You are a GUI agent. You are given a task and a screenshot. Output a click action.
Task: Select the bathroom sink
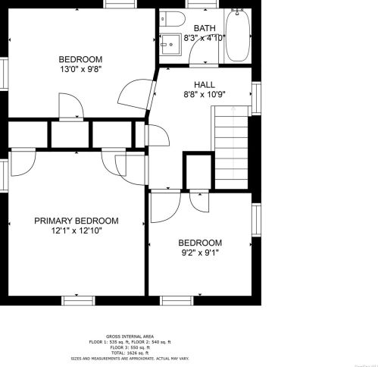coord(171,44)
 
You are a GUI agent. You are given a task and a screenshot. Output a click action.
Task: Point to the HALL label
coord(205,84)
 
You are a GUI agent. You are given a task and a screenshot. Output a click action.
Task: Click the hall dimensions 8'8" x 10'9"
coord(205,94)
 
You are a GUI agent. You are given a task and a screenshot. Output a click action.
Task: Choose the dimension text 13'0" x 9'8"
coord(80,69)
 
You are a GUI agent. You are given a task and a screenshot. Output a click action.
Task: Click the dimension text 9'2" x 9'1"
coord(201,253)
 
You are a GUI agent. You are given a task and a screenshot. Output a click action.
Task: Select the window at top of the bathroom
coord(197,4)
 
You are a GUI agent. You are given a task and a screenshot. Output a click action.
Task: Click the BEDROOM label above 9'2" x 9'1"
coord(201,243)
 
